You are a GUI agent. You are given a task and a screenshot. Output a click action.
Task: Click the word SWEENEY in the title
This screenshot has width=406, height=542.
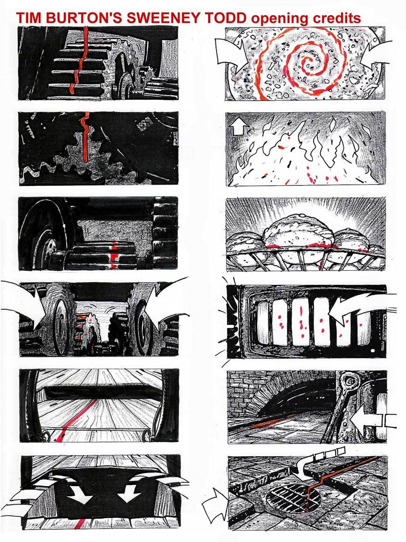[162, 18]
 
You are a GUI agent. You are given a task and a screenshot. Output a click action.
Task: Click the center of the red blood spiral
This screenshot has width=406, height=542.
[306, 64]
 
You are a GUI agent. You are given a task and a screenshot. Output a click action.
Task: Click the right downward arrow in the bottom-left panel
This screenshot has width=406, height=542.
[129, 492]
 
